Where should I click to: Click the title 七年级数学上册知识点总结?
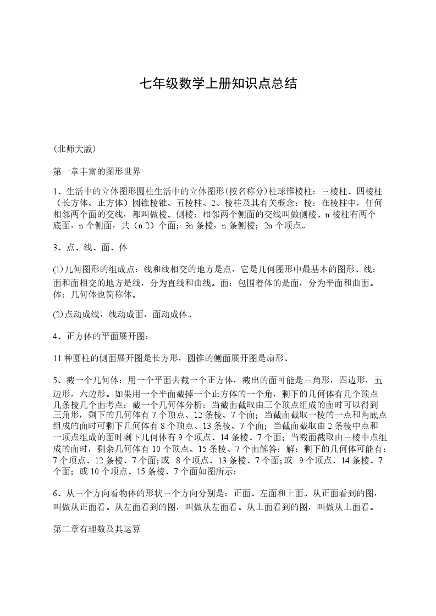point(218,83)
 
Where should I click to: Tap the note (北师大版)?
point(75,148)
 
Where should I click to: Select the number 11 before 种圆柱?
point(58,359)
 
